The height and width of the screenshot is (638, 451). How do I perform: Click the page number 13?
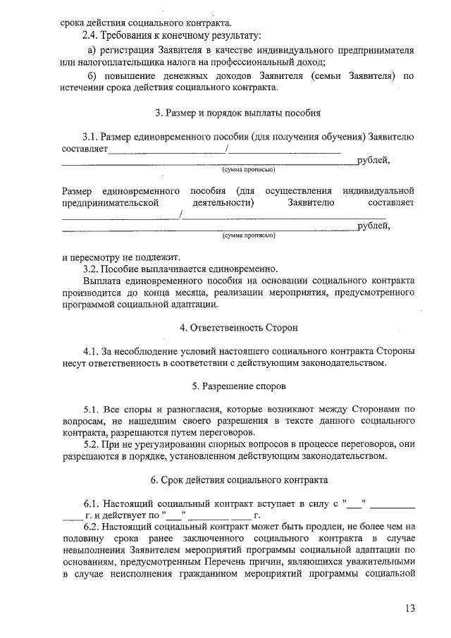412,608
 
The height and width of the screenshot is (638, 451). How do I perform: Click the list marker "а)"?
93,51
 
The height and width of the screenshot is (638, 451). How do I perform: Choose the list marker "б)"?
92,75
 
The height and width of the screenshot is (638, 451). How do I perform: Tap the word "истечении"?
84,87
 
